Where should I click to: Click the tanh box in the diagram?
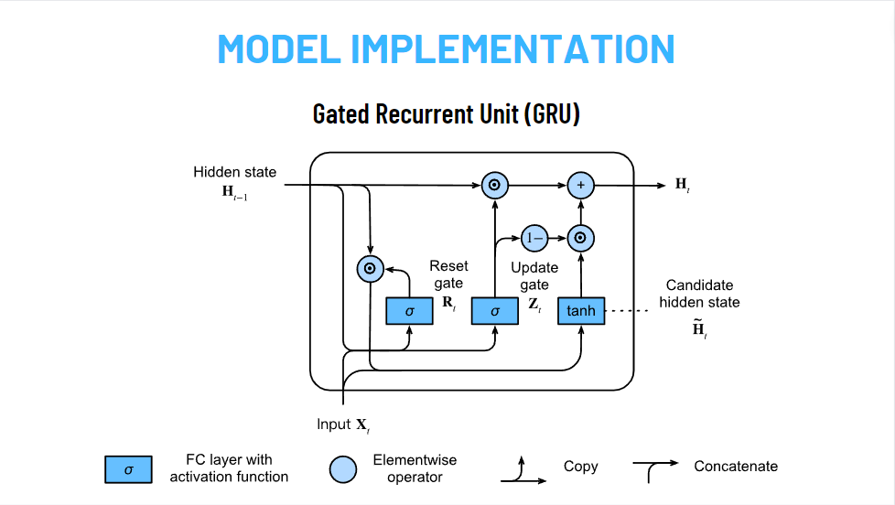click(581, 311)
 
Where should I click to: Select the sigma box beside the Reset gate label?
click(410, 311)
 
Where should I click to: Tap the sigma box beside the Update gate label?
click(495, 311)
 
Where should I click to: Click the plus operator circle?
click(580, 185)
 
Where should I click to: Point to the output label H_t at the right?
click(683, 185)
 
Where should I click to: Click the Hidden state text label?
click(234, 172)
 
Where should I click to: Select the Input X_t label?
click(343, 424)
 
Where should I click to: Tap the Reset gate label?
click(448, 274)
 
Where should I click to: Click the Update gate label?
click(534, 276)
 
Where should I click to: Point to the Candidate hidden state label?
click(700, 294)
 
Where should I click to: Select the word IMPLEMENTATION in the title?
click(512, 48)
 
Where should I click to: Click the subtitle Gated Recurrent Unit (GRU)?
click(447, 114)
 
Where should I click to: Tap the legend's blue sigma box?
click(128, 468)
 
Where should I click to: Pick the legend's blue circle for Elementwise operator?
click(343, 468)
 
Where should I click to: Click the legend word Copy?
click(580, 467)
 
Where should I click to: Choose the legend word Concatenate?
click(736, 467)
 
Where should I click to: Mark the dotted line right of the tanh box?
click(626, 311)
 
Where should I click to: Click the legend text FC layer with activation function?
click(229, 467)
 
